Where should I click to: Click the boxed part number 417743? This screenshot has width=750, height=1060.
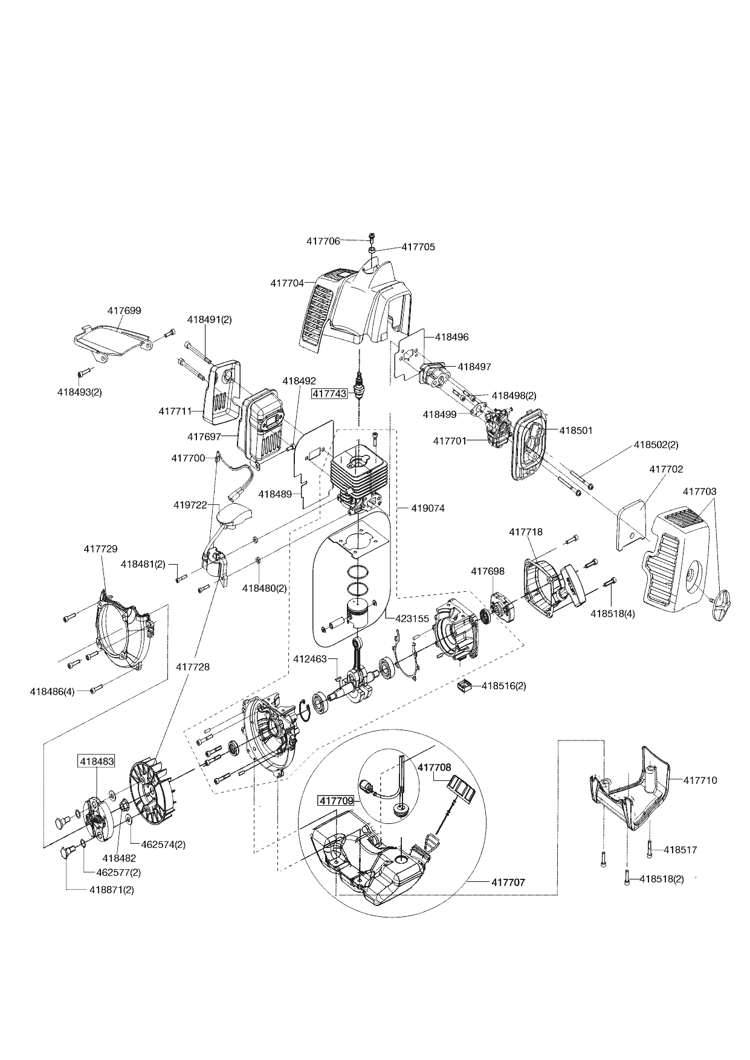329,393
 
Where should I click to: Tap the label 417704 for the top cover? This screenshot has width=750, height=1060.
287,283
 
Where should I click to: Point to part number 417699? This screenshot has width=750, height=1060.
124,310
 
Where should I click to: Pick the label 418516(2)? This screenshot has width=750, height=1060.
503,686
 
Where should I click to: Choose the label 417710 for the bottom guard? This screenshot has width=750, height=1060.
700,780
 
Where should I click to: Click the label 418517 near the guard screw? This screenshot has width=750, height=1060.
680,850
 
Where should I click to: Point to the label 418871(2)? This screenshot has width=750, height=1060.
111,890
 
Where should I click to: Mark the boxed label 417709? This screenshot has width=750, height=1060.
336,801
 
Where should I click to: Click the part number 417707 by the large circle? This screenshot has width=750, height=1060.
508,882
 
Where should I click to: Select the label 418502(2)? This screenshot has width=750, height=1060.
656,445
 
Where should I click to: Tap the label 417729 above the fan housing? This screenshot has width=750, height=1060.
100,549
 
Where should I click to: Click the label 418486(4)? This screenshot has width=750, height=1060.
52,691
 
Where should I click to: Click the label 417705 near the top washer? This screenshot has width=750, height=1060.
418,247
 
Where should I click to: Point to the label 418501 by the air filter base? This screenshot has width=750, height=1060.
576,431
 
